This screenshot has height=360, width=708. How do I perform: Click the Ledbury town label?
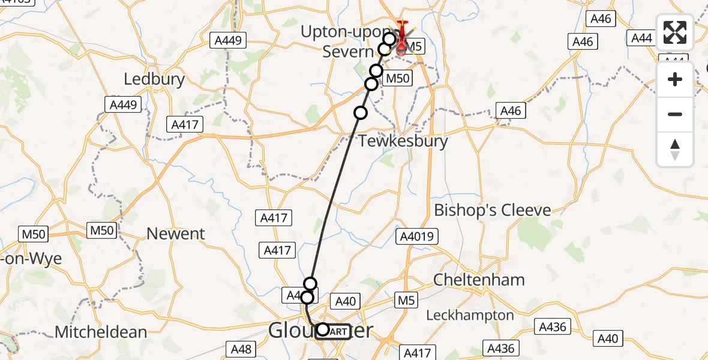tap(154, 79)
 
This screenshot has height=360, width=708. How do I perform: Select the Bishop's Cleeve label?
tap(492, 211)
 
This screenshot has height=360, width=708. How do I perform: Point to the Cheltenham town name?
tap(479, 280)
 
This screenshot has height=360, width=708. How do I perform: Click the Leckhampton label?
tap(470, 315)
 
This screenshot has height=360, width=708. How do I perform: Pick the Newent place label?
tap(176, 233)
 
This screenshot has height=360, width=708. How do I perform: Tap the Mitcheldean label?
tap(101, 332)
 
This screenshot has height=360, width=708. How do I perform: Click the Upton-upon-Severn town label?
tap(348, 42)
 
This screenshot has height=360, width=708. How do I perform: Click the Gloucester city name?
tap(320, 331)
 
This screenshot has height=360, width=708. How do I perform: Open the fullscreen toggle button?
tap(675, 32)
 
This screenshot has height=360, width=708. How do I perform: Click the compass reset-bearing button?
tap(675, 149)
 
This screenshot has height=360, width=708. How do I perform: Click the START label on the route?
tap(337, 331)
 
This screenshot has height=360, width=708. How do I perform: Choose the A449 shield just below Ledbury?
tap(123, 105)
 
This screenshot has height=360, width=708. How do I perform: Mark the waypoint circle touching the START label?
tap(323, 329)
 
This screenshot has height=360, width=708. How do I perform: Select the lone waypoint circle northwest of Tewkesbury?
tap(360, 112)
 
